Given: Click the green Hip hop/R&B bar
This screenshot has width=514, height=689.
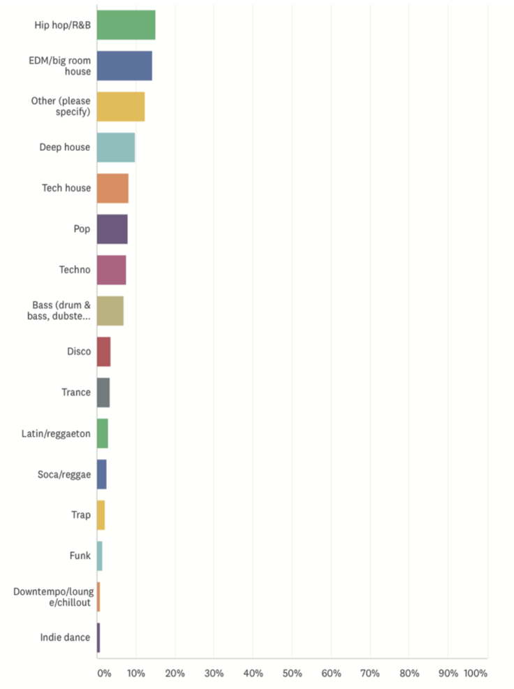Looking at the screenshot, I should pyautogui.click(x=126, y=25).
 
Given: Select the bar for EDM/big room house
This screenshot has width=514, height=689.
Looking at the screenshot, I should pyautogui.click(x=124, y=66).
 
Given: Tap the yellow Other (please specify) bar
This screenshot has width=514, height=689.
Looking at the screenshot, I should pyautogui.click(x=121, y=107).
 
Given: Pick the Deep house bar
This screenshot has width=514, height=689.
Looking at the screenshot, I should pyautogui.click(x=116, y=147).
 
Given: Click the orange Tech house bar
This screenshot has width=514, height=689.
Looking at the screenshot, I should pyautogui.click(x=112, y=188).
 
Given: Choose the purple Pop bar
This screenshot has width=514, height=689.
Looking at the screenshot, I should pyautogui.click(x=112, y=229).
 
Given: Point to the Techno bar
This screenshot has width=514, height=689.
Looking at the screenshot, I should pyautogui.click(x=111, y=270).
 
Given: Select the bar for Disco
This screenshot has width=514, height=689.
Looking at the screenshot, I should pyautogui.click(x=103, y=351).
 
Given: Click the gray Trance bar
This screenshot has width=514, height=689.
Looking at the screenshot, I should pyautogui.click(x=103, y=392).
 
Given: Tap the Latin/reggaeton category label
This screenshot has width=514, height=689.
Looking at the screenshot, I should pyautogui.click(x=56, y=433).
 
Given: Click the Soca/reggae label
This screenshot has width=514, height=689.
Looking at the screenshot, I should pyautogui.click(x=64, y=474).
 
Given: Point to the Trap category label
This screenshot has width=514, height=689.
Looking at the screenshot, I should pyautogui.click(x=81, y=515).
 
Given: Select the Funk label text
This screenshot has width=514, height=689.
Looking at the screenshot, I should pyautogui.click(x=80, y=556).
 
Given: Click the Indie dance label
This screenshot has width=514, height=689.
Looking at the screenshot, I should pyautogui.click(x=66, y=637).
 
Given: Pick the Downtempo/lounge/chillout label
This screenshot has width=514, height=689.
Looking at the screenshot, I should pyautogui.click(x=53, y=597).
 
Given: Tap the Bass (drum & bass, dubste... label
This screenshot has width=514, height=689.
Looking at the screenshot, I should pyautogui.click(x=61, y=311).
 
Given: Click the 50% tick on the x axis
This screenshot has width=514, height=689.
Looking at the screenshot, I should pyautogui.click(x=292, y=674).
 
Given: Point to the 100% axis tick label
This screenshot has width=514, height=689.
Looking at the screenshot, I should pyautogui.click(x=475, y=674).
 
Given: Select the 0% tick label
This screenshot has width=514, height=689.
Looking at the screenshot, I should pyautogui.click(x=103, y=674).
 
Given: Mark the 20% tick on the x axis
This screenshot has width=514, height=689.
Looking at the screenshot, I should pyautogui.click(x=175, y=674).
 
